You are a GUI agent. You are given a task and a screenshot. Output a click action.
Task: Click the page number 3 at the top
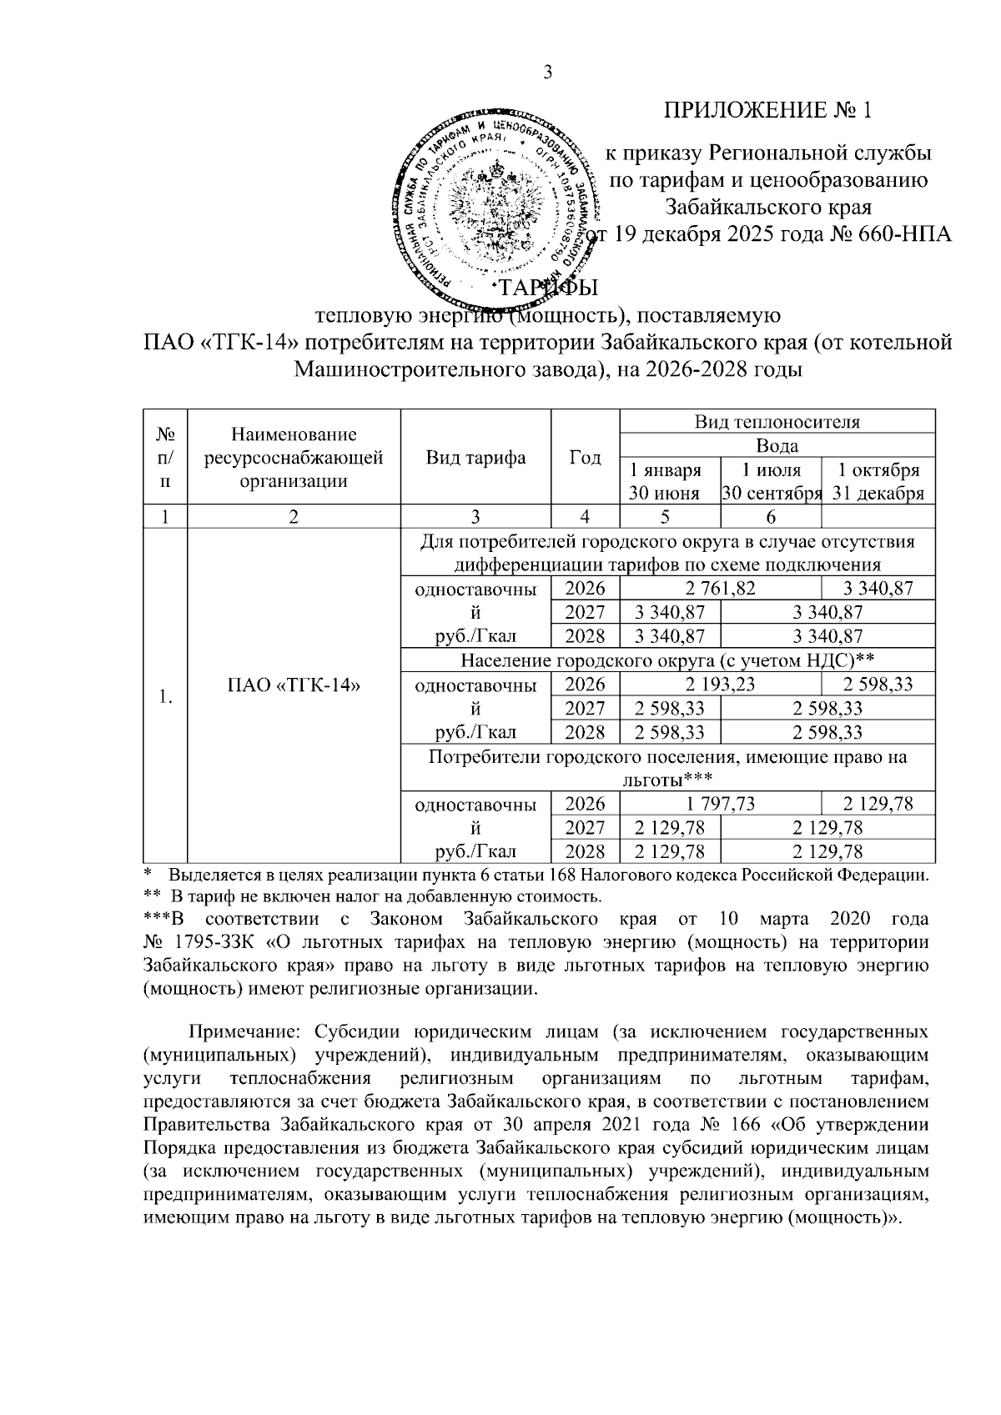pos(548,73)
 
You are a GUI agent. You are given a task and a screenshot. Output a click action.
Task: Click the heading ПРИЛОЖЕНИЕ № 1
pos(767,110)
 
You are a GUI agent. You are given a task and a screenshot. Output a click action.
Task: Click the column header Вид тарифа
pos(475,457)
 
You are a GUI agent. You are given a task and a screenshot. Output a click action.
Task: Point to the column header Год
pos(585,457)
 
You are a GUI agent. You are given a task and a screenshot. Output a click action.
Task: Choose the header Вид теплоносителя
pos(777,421)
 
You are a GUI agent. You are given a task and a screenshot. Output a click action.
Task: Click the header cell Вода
pos(777,445)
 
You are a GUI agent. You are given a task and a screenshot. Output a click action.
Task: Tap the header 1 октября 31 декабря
pos(878,481)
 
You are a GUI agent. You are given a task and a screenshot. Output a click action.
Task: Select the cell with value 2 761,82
pos(720,589)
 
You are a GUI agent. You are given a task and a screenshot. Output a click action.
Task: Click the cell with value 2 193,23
pos(720,685)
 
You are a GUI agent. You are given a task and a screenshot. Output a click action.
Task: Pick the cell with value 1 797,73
pos(720,804)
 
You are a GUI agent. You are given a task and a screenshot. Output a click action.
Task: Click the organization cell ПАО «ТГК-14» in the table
pos(294,685)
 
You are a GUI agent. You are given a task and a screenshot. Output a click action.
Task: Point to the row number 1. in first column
pos(165,696)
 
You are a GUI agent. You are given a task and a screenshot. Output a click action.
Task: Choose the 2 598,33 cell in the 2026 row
pos(878,685)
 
